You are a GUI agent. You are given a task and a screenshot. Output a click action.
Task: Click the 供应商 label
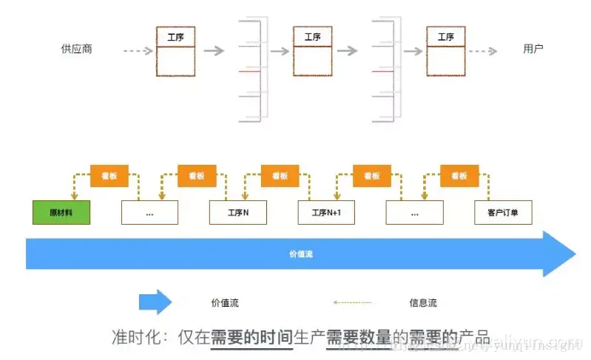pyautogui.click(x=76, y=50)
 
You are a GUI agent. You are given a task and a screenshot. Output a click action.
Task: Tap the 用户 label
pyautogui.click(x=533, y=50)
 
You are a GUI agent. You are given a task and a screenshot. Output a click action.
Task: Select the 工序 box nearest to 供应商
pyautogui.click(x=175, y=51)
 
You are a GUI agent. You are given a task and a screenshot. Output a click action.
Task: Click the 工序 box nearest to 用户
pyautogui.click(x=446, y=51)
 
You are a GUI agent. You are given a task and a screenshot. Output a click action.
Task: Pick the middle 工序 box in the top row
pyautogui.click(x=312, y=51)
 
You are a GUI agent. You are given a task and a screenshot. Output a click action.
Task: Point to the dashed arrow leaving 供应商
pyautogui.click(x=137, y=51)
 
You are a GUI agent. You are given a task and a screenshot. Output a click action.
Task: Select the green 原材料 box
pyautogui.click(x=61, y=212)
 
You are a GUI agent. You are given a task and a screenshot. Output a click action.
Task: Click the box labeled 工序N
pyautogui.click(x=237, y=212)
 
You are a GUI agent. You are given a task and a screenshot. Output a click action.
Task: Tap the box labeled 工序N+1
pyautogui.click(x=326, y=212)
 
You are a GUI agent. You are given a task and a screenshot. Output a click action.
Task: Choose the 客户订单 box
pyautogui.click(x=503, y=212)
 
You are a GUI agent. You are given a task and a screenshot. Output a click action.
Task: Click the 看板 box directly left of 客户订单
pyautogui.click(x=459, y=176)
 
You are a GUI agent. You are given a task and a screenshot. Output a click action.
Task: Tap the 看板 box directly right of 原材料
pyautogui.click(x=109, y=176)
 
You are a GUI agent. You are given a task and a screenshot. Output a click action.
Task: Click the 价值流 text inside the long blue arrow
pyautogui.click(x=300, y=254)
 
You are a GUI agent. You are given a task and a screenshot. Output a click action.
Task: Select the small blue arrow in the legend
pyautogui.click(x=155, y=302)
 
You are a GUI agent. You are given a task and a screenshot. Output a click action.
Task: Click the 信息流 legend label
pyautogui.click(x=423, y=302)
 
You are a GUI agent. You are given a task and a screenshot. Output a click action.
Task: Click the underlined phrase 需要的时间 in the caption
pyautogui.click(x=251, y=337)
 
